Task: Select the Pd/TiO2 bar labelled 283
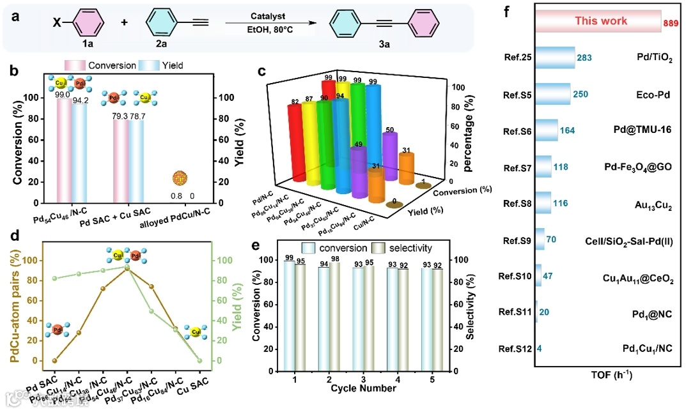[555, 57]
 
